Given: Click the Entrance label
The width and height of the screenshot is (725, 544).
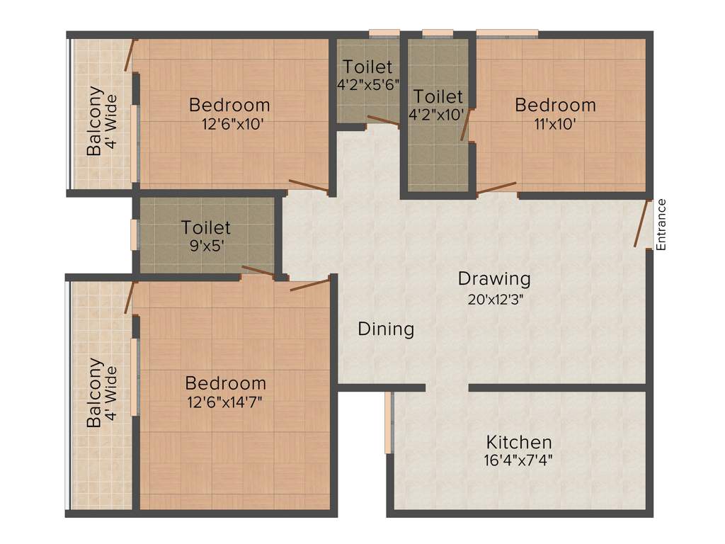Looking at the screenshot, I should pyautogui.click(x=661, y=225).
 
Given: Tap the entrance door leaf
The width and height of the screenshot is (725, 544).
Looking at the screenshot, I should pyautogui.click(x=643, y=223).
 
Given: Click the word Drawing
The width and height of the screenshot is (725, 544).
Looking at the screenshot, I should pyautogui.click(x=494, y=278).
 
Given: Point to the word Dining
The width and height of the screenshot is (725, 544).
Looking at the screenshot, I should pyautogui.click(x=386, y=329).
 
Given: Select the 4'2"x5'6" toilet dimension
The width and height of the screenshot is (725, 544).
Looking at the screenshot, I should pyautogui.click(x=368, y=84).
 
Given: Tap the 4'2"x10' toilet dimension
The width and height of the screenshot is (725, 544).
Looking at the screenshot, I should pyautogui.click(x=437, y=113).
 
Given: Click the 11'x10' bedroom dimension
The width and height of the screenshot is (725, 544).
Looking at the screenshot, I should pyautogui.click(x=555, y=123).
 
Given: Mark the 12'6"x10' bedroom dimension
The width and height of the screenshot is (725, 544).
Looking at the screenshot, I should pyautogui.click(x=229, y=123).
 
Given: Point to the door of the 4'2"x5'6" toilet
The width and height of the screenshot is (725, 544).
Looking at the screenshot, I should pyautogui.click(x=383, y=120).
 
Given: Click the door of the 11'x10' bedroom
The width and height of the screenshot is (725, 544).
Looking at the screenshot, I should pyautogui.click(x=496, y=188).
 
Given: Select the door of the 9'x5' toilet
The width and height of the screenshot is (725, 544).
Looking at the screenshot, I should pyautogui.click(x=258, y=271).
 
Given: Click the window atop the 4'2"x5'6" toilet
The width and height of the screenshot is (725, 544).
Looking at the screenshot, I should pyautogui.click(x=385, y=32).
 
